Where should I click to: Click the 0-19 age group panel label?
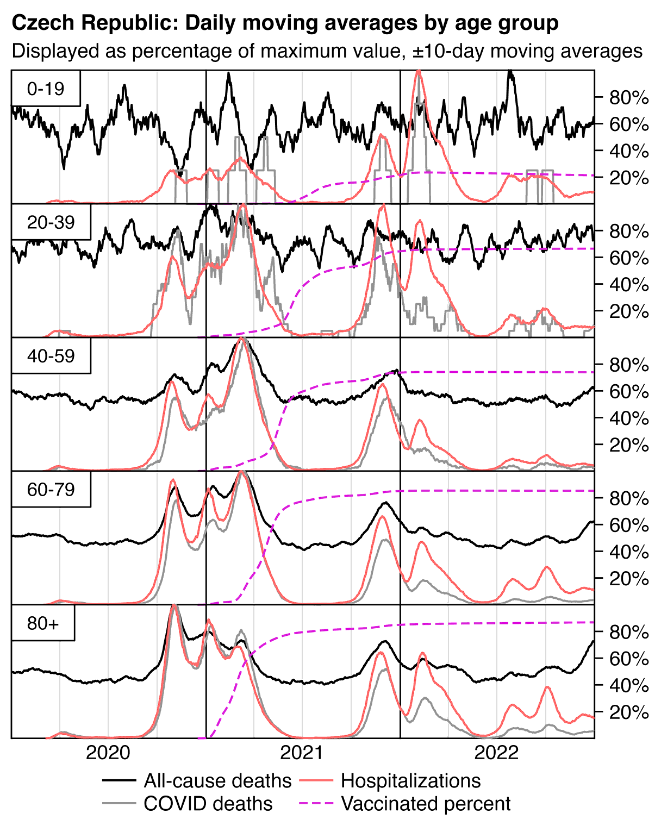(46, 89)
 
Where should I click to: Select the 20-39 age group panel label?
(51, 222)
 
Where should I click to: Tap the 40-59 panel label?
(51, 356)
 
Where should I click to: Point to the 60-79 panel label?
(51, 490)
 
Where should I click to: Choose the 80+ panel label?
(42, 623)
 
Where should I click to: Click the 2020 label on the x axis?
(108, 753)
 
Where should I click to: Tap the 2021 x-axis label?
(302, 753)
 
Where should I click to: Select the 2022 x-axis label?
(496, 753)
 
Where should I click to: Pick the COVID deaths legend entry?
(208, 804)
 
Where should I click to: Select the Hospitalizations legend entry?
(410, 781)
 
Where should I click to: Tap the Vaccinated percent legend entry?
(425, 804)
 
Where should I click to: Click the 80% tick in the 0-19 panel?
(629, 98)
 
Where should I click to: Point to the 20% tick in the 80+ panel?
(629, 712)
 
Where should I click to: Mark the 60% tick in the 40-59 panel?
(629, 392)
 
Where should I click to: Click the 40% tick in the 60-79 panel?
(629, 552)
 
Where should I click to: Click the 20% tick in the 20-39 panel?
(629, 312)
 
